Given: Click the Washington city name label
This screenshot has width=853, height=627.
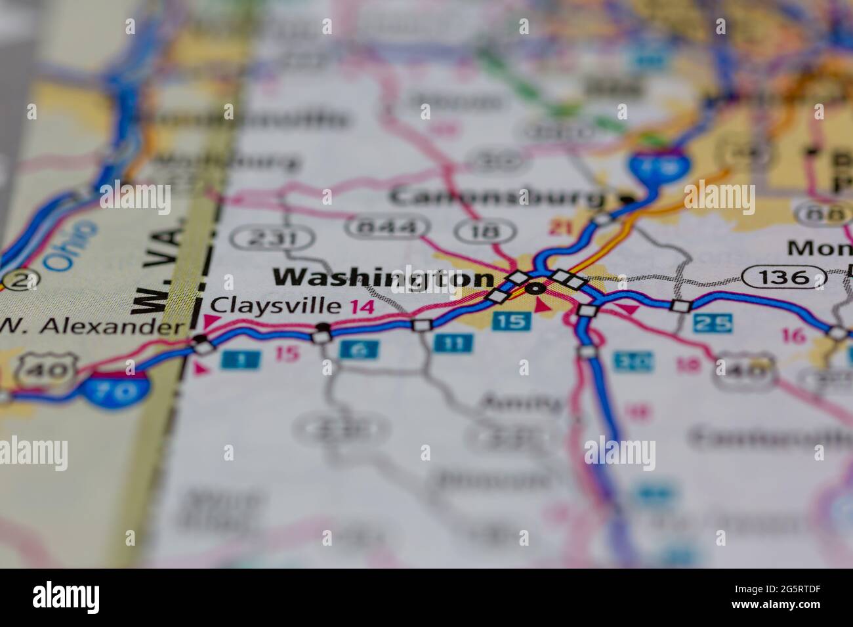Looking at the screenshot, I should [x=383, y=278].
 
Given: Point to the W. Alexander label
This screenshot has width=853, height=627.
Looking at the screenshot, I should [x=91, y=326].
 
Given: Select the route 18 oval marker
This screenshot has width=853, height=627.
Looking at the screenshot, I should [x=486, y=231].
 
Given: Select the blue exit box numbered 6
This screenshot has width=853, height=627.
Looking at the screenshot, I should [x=359, y=350].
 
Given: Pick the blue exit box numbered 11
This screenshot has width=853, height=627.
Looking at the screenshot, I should [x=453, y=342].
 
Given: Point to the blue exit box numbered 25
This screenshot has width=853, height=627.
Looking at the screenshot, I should [x=713, y=322].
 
